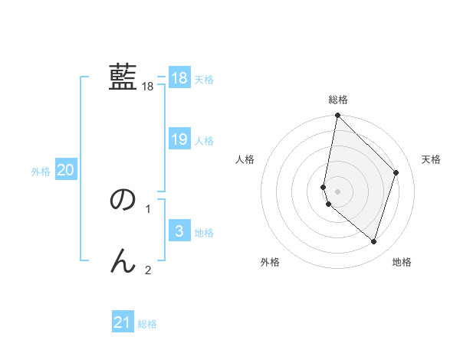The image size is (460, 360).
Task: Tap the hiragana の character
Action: [123, 200]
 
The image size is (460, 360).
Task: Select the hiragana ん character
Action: [123, 261]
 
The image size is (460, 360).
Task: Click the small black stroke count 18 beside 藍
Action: [148, 87]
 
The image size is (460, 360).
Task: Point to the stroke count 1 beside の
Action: [148, 208]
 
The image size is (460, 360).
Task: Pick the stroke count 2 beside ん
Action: [148, 270]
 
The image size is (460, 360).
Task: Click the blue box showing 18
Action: [179, 78]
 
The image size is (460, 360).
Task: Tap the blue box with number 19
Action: [179, 139]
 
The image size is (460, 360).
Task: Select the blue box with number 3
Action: [179, 231]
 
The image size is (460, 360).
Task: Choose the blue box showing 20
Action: [65, 170]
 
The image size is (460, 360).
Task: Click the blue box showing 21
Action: [123, 322]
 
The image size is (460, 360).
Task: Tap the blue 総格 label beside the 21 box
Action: [147, 324]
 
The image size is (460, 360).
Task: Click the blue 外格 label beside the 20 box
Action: [41, 172]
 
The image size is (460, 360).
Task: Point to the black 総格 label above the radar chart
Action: [338, 100]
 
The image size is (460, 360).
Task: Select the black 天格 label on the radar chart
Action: [431, 159]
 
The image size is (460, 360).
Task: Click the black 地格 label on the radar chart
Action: [402, 262]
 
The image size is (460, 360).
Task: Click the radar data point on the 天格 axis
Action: [396, 172]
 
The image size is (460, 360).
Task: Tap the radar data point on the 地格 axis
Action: [373, 241]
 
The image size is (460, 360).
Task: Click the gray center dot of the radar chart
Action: [338, 191]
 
